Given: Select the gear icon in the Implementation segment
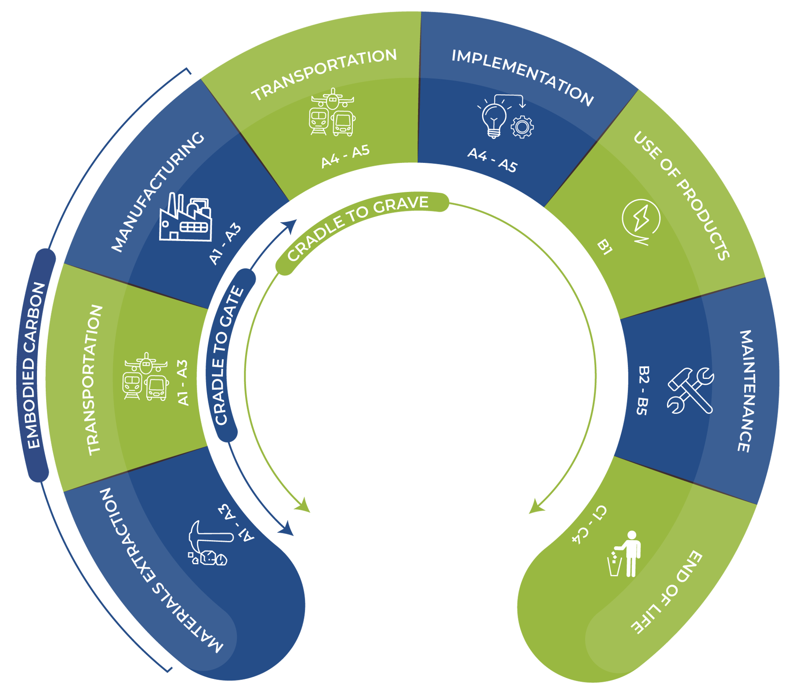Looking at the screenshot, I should point(522,127).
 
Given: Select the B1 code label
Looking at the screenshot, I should point(605,247).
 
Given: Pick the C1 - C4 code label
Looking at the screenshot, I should point(589,524).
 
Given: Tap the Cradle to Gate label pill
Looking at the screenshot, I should point(228,356).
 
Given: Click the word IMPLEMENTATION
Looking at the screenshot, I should point(522,76).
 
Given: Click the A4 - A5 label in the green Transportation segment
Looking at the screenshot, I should point(345,156).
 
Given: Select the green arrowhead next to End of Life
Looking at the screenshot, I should point(535,507).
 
